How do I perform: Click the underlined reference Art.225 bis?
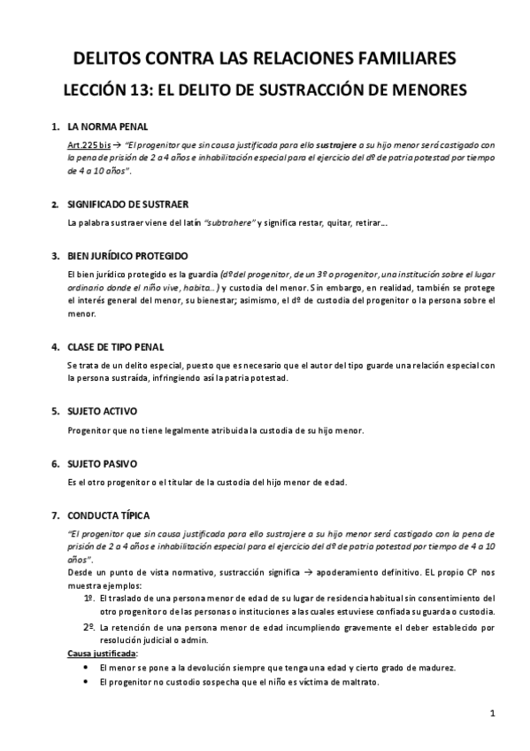[x=88, y=143]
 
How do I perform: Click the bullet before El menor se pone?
[x=84, y=667]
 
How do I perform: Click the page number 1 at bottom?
[x=492, y=714]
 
